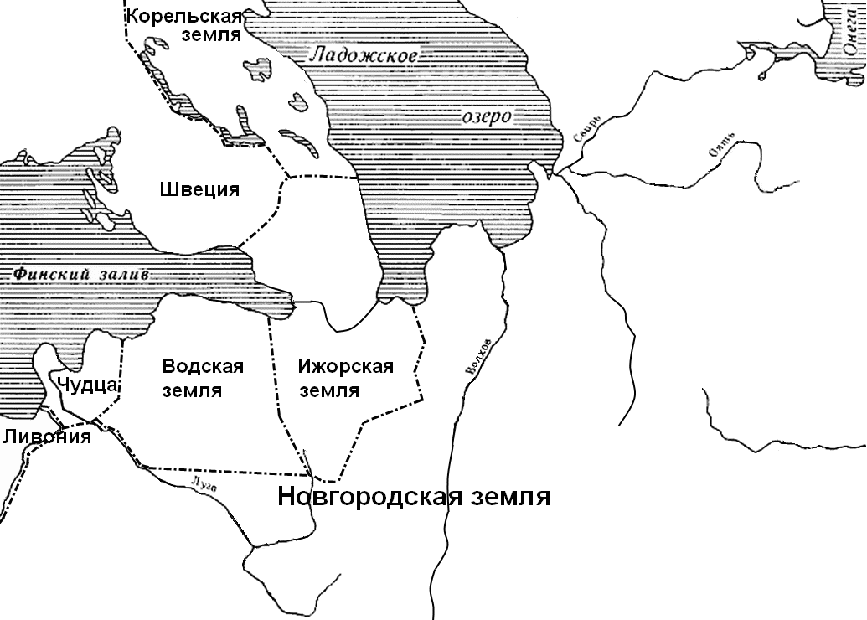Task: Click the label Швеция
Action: click(x=199, y=189)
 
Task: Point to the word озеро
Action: click(x=487, y=116)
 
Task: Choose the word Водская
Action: click(x=203, y=366)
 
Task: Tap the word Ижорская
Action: click(x=345, y=367)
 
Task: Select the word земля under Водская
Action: click(x=193, y=390)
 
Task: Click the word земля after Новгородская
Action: click(x=509, y=497)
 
